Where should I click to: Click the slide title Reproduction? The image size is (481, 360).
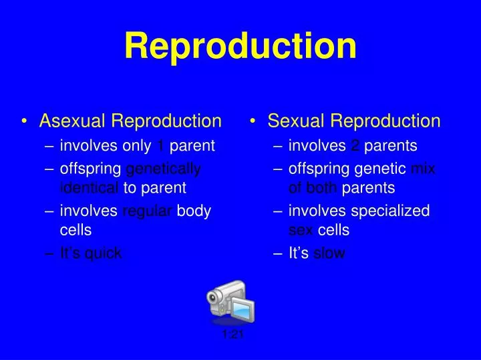[240, 46]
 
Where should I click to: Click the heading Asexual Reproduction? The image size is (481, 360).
[130, 121]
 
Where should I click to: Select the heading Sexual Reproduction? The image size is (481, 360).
[354, 121]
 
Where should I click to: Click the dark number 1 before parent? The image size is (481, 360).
[160, 145]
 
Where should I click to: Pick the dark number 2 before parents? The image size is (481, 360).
[355, 145]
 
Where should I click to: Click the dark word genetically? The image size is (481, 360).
[163, 169]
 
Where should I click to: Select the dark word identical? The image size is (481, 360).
[90, 187]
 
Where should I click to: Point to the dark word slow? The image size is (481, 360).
[329, 253]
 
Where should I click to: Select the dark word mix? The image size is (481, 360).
[423, 169]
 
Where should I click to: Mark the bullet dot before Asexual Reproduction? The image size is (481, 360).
[25, 122]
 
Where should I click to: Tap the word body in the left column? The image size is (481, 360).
[194, 211]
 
